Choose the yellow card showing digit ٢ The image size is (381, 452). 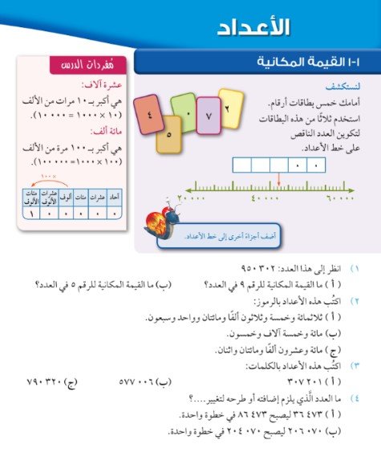(x=230, y=107)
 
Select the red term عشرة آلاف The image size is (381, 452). (x=96, y=83)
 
